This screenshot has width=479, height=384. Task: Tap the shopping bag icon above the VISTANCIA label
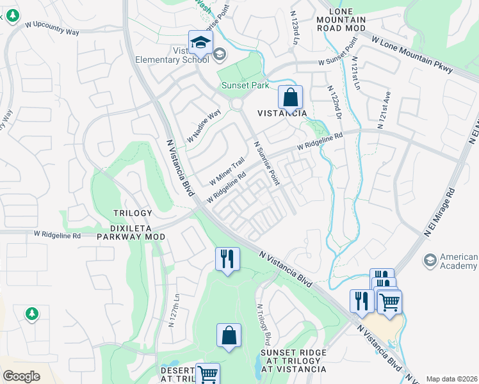point(290,98)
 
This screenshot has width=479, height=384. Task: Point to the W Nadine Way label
point(204,125)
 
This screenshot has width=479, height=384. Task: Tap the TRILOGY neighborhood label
point(133,213)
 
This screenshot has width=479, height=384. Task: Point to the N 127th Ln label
point(172,311)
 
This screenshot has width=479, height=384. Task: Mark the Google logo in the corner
point(21,376)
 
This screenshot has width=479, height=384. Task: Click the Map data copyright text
point(451,379)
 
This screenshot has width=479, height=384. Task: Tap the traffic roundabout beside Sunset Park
point(238,104)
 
